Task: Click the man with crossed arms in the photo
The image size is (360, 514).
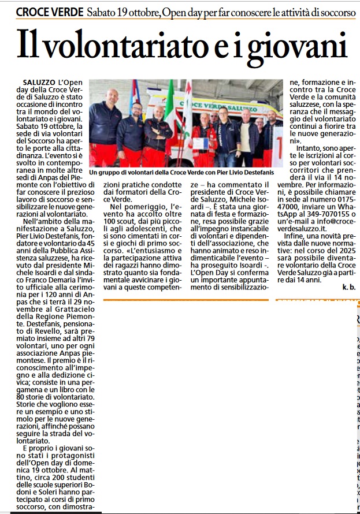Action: [157, 130]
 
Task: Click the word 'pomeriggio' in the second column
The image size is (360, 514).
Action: [140, 211]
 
